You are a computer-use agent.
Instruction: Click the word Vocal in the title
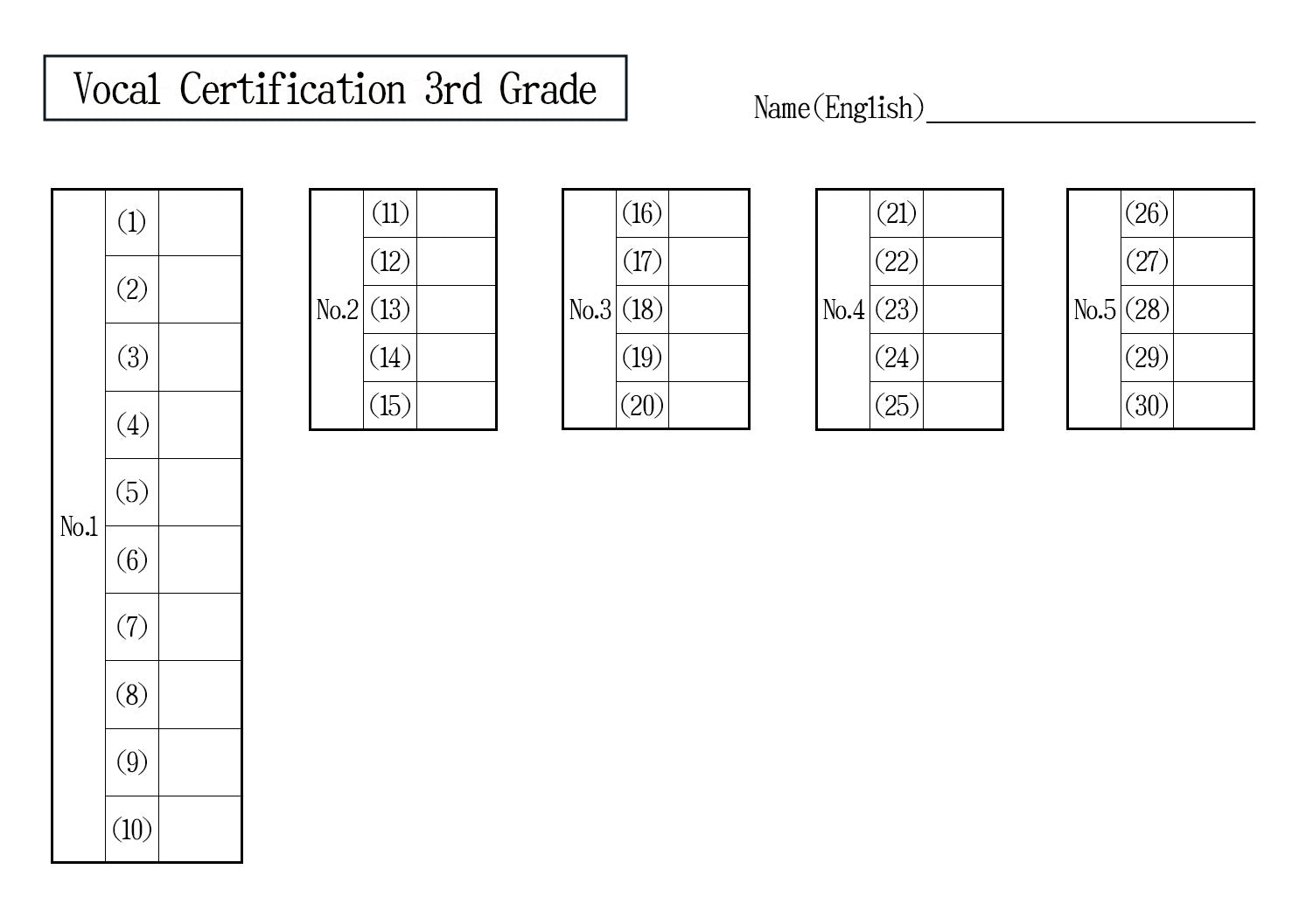point(116,89)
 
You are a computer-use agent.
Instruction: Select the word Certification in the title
point(292,88)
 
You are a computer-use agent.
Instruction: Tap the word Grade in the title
point(548,88)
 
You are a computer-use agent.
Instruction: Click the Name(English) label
point(839,108)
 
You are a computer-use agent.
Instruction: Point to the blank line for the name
point(1091,122)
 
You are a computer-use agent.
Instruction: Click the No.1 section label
point(79,527)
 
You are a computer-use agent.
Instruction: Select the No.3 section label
point(590,309)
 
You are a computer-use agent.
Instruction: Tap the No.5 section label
point(1094,309)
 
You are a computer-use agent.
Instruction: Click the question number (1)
point(131,222)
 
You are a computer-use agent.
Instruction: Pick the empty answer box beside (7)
point(200,627)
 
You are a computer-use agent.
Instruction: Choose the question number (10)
point(132,830)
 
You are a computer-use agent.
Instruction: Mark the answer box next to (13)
point(457,309)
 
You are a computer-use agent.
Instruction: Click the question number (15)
point(390,406)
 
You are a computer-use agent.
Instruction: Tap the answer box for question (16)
point(709,213)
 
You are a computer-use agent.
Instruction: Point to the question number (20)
point(642,406)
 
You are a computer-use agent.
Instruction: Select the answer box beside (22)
point(962,261)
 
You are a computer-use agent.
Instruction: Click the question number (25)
point(897,406)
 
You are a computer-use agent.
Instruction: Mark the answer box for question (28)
point(1214,309)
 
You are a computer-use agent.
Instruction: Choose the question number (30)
point(1147,406)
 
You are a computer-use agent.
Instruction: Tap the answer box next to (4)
point(200,425)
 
